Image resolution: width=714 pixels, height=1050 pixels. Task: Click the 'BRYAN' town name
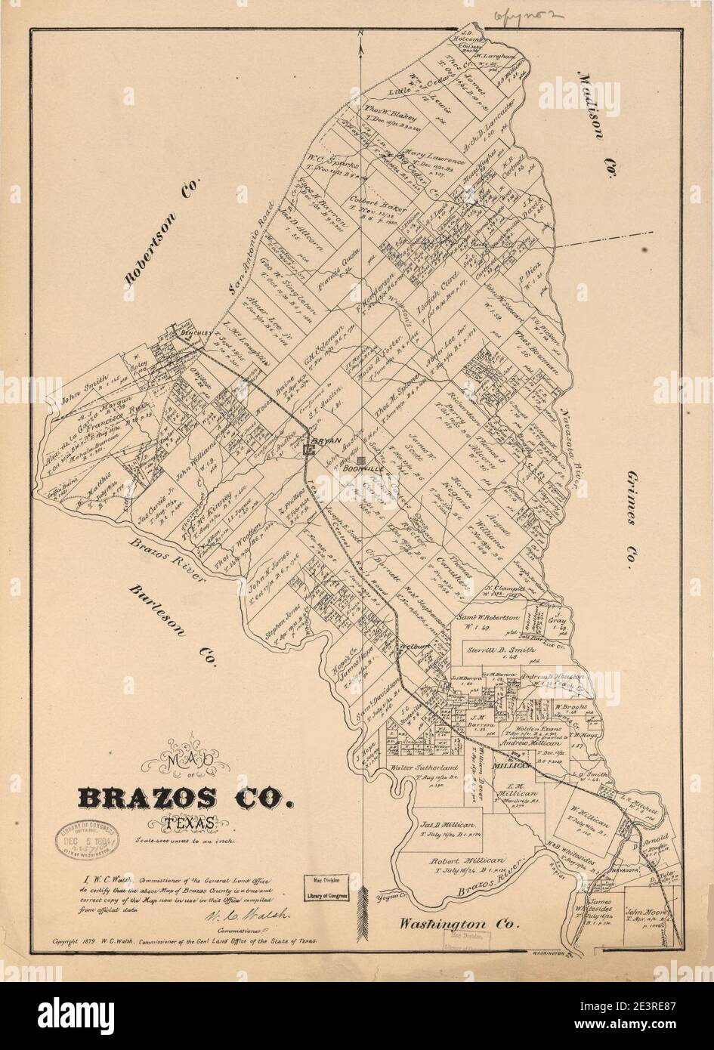[326, 440]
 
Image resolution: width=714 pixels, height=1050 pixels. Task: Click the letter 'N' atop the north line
[362, 32]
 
